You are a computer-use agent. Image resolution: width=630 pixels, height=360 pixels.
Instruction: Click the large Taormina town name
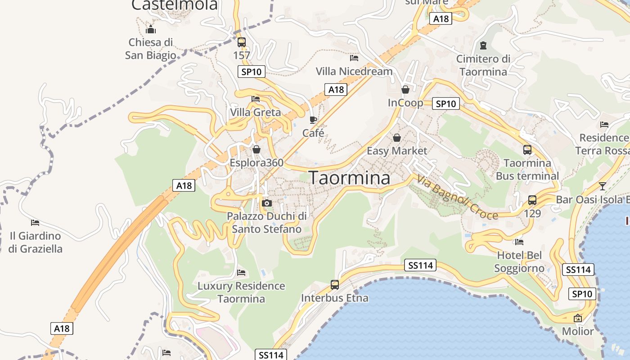350,178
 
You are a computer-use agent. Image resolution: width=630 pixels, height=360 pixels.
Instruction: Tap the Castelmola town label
175,5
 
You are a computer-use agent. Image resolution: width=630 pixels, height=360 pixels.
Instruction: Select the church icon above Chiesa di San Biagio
151,30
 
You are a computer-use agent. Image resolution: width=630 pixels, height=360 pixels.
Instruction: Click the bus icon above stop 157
242,42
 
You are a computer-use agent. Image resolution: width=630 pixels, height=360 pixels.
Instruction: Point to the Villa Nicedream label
354,71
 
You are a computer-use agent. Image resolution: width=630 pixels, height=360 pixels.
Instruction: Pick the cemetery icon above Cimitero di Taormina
483,45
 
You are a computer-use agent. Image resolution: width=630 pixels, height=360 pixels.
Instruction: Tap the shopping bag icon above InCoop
405,90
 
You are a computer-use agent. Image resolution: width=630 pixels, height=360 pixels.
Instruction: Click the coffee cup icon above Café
313,120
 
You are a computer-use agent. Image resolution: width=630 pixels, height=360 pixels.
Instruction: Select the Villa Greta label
256,112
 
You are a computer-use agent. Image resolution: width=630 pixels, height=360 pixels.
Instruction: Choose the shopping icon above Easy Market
397,137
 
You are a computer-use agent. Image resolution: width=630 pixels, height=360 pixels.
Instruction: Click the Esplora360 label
256,162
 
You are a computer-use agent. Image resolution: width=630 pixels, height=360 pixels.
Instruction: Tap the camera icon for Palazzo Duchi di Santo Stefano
267,203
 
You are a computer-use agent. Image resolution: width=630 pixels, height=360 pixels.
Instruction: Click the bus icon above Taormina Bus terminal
527,150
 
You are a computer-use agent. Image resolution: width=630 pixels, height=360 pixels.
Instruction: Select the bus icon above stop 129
532,200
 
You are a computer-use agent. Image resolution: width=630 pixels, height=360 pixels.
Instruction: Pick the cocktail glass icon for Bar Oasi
603,186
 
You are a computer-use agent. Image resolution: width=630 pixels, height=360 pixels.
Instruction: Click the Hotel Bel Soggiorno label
519,262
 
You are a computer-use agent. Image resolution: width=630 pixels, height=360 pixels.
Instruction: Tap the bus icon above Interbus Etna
335,284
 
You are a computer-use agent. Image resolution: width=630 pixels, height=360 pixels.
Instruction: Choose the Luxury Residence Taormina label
241,292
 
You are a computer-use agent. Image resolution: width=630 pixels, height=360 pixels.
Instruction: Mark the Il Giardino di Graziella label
35,242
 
